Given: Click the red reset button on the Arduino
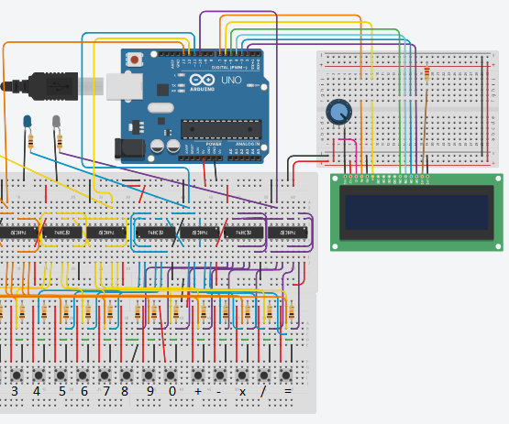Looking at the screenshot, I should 136,60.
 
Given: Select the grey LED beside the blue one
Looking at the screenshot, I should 57,121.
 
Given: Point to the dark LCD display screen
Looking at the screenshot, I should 415,212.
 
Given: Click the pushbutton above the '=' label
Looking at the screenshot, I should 287,375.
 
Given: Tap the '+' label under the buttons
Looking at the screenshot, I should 198,391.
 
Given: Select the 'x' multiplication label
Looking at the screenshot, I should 243,391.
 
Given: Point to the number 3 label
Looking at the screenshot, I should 14,391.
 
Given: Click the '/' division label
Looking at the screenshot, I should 265,391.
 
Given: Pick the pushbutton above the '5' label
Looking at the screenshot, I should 61,375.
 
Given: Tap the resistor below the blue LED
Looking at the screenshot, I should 32,142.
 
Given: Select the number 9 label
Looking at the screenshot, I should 149,391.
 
